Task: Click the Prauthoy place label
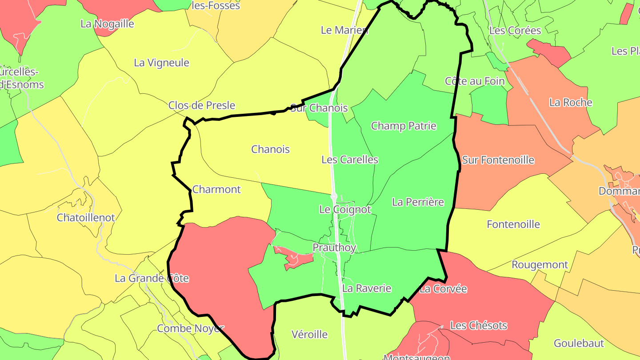point(334,248)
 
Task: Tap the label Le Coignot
point(345,209)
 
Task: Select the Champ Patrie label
point(404,126)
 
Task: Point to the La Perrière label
point(418,202)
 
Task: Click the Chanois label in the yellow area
point(270,149)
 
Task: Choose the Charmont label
point(216,189)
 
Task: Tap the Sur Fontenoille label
point(498,160)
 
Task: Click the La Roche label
point(571,103)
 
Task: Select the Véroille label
point(309,334)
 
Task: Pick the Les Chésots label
point(478,325)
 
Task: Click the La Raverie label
point(367,288)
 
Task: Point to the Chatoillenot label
point(86,218)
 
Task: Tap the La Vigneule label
point(161,63)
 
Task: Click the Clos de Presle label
point(201,105)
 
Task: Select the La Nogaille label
point(107,24)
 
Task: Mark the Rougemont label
point(540,265)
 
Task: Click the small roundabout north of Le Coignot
point(334,196)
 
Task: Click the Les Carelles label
point(349,160)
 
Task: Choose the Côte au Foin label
point(475,81)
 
